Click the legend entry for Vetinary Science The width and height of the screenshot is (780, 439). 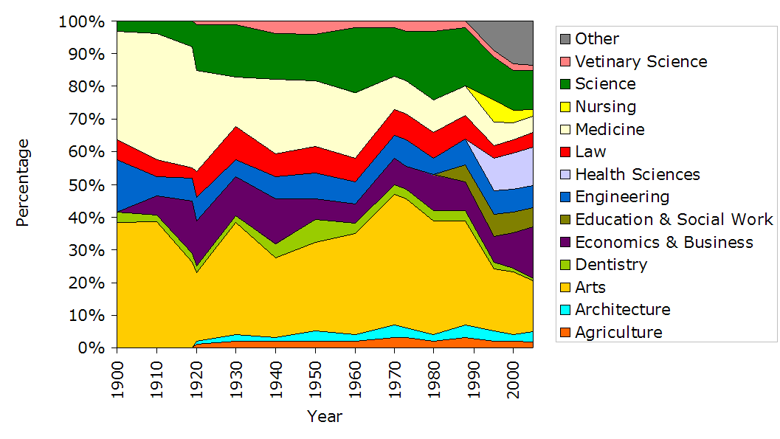[641, 61]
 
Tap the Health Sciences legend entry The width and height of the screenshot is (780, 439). [638, 174]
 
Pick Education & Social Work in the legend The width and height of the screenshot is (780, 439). [674, 219]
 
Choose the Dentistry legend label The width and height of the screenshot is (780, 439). [611, 264]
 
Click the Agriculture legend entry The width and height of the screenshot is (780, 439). [618, 332]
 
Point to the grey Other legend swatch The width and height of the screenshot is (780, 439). [565, 39]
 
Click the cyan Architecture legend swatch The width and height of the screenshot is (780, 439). [565, 310]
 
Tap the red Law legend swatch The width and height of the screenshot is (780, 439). [565, 152]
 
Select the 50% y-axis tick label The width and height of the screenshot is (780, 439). [86, 184]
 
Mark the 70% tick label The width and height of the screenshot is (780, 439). [86, 119]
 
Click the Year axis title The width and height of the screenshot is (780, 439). [325, 416]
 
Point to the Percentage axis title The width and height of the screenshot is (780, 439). [23, 182]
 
